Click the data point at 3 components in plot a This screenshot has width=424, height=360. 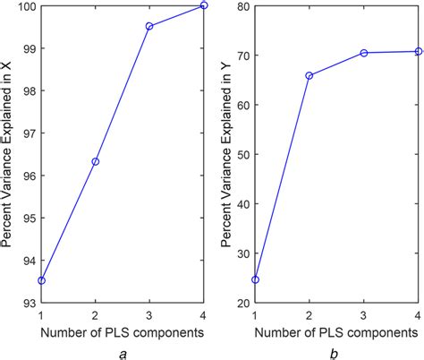149,26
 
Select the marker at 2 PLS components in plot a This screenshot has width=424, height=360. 96,161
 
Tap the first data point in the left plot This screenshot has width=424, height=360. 41,280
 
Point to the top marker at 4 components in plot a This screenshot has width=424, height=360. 204,5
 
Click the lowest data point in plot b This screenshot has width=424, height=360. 255,279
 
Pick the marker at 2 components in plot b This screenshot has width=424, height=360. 310,75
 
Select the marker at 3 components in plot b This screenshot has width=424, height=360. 364,53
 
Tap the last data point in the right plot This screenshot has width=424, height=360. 418,51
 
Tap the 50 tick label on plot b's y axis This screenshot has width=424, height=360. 240,155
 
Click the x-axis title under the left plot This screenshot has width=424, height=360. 123,333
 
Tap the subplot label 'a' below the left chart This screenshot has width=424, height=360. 123,354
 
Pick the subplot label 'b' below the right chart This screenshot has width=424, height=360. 336,354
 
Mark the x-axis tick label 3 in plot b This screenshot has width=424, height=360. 364,316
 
